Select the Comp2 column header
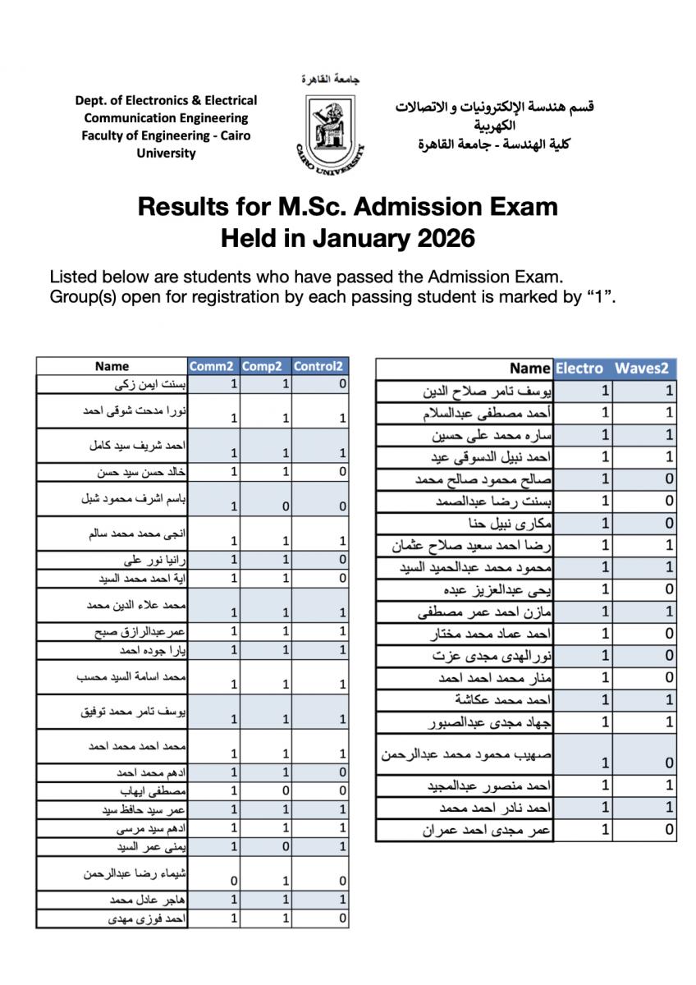click(x=263, y=366)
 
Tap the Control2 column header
click(x=319, y=366)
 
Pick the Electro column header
click(x=579, y=369)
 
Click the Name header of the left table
click(x=112, y=366)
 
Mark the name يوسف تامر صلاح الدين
click(x=486, y=391)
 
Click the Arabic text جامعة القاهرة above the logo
click(x=331, y=80)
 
